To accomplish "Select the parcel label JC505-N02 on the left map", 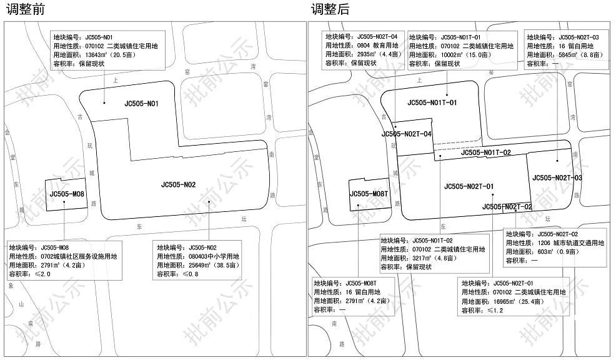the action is (178, 184).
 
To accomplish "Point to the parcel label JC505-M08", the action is (67, 194).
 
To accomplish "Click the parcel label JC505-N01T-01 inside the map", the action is (432, 102).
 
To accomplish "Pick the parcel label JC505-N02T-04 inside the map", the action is (407, 134).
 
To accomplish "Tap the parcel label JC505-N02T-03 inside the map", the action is (557, 178).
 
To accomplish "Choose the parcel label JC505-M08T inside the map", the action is (369, 194).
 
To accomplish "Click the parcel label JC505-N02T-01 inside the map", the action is (469, 186).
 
